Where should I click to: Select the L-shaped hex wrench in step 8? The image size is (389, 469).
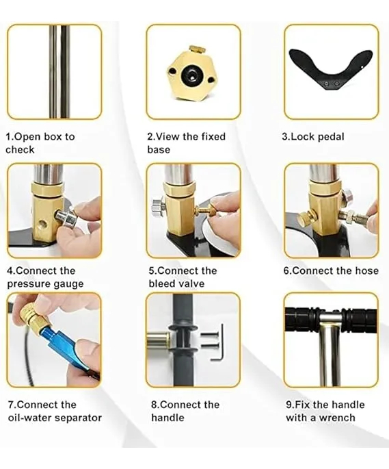218,342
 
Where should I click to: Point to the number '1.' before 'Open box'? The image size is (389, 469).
10,137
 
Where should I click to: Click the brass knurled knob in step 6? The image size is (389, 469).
306,217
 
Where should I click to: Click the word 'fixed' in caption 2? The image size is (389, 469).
213,137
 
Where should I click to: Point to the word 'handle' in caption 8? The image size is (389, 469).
167,418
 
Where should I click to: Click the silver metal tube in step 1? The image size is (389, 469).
59,72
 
